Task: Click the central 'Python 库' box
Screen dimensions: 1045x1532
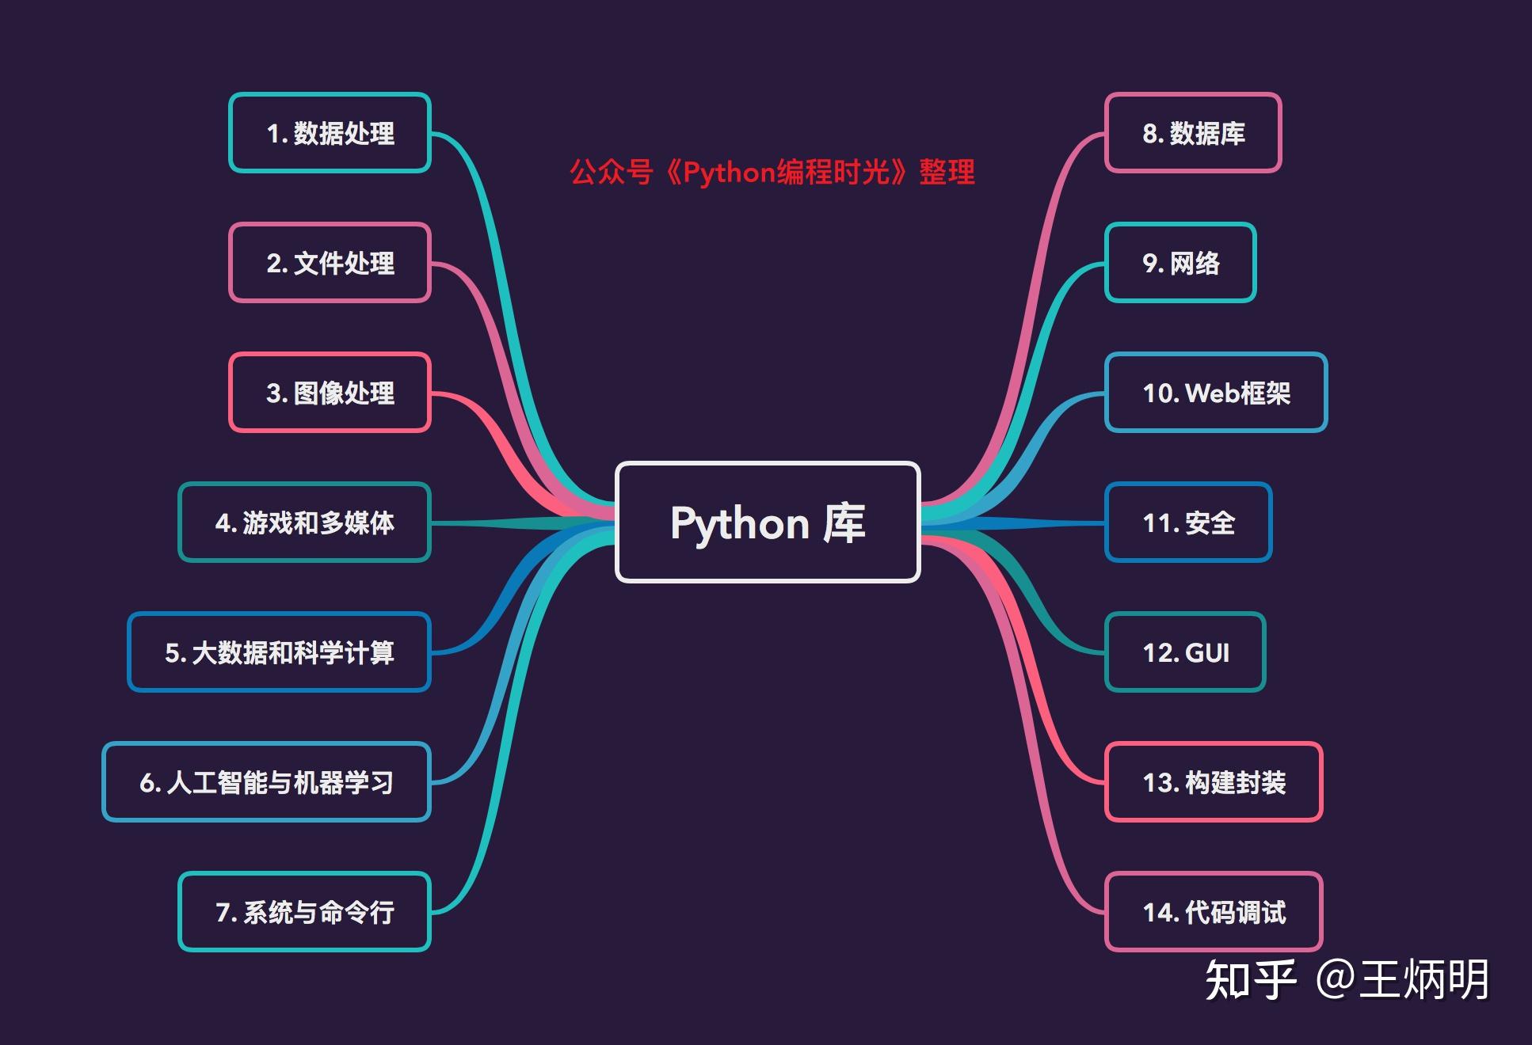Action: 767,522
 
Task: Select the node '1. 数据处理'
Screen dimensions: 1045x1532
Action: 330,133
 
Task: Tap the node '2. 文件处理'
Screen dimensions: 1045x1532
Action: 330,263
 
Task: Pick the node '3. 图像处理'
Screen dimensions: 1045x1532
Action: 330,393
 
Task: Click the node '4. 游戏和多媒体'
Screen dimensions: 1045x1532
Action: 304,522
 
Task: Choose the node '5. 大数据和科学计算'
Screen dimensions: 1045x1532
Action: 279,652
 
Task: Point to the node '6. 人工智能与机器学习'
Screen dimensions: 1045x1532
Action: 266,782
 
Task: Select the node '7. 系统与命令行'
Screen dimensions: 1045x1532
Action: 304,912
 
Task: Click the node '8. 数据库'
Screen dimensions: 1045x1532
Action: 1193,133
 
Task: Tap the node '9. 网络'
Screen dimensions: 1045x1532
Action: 1180,263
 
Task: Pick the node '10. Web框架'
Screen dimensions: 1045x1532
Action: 1215,393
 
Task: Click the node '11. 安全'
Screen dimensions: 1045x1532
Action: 1188,522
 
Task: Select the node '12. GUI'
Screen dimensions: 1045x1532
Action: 1185,652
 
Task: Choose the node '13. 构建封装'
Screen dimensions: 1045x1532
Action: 1214,782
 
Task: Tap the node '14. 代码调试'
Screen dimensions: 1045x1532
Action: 1214,912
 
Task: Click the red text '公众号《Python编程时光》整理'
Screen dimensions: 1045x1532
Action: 772,172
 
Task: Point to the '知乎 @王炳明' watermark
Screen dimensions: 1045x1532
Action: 1347,980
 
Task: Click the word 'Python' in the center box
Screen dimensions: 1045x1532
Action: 739,524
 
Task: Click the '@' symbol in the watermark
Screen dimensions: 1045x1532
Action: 1336,980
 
